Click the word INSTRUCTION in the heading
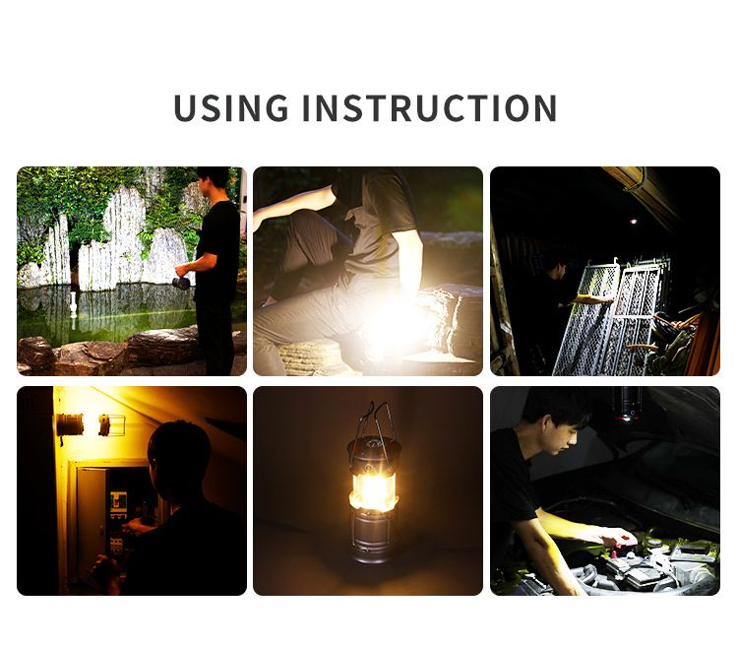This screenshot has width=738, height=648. [429, 107]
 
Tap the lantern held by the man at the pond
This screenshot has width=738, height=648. [181, 282]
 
